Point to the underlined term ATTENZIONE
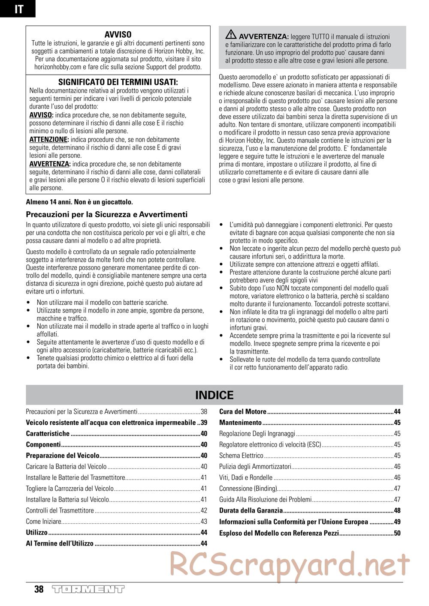49,140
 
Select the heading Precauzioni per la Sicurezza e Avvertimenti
107,214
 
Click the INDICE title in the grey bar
214,395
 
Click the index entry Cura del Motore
243,412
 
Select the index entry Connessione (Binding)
248,489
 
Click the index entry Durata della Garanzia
251,510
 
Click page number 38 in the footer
39,589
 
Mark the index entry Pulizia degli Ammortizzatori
255,466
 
